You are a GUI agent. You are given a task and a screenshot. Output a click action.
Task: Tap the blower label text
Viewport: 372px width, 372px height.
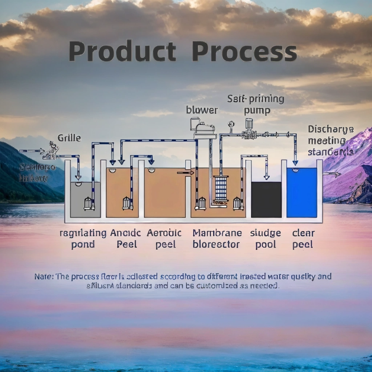(201, 110)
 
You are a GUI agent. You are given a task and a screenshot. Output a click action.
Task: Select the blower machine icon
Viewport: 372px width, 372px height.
(204, 128)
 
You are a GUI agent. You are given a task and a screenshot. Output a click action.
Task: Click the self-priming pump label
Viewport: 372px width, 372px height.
(256, 105)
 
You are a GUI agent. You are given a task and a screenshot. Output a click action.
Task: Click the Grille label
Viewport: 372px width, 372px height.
(69, 138)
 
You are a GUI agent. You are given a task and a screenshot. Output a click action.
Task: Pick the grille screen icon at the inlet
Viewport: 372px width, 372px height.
(52, 151)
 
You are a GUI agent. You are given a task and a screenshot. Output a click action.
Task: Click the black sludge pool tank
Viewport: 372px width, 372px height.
(266, 200)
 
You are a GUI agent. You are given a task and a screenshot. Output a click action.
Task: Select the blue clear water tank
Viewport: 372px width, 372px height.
(301, 193)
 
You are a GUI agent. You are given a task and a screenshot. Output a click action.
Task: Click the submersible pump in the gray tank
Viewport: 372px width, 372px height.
(89, 203)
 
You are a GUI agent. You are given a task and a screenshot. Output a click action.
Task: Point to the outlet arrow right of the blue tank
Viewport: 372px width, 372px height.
(332, 174)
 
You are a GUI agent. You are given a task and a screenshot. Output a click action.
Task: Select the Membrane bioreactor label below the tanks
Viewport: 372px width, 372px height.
(217, 239)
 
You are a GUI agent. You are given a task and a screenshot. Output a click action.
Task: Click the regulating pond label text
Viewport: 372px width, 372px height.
(83, 239)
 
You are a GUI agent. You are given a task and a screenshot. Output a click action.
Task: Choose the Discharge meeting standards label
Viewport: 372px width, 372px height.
(331, 140)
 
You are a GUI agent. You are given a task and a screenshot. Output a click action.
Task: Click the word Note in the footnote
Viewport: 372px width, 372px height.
(43, 277)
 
